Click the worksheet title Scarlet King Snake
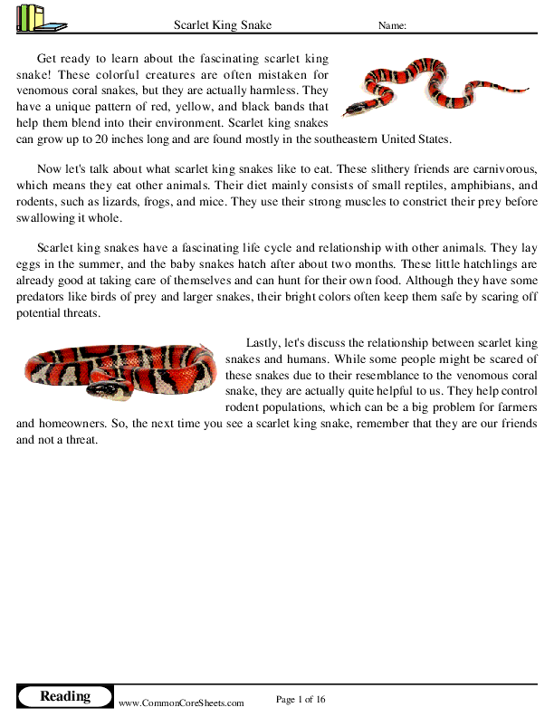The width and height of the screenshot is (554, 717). pos(222,25)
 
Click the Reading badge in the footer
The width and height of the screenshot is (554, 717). pos(65,696)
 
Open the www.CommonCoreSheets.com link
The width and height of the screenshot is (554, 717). pos(181,703)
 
